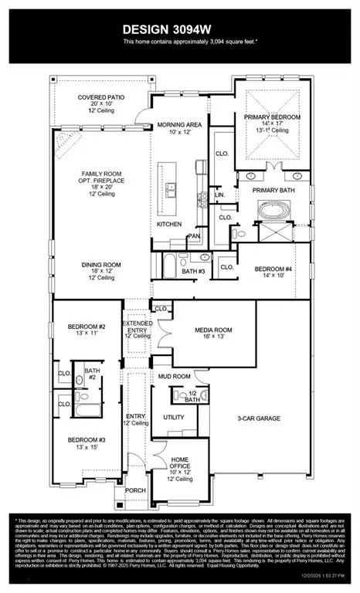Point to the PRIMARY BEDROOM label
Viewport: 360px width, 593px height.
[x=271, y=117]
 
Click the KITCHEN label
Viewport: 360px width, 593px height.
[x=170, y=223]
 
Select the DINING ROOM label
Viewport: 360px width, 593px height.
[x=104, y=265]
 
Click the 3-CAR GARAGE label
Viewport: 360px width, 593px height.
[x=259, y=418]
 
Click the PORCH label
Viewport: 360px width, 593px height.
[x=136, y=490]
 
